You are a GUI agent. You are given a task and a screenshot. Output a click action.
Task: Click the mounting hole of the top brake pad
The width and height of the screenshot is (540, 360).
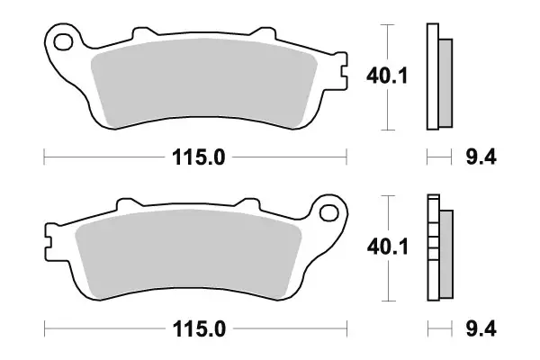coord(63,42)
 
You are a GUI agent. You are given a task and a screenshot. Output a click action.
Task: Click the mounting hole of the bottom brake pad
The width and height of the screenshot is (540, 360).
coord(328,213)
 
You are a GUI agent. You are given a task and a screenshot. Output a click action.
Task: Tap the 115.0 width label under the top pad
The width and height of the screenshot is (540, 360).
coord(198,157)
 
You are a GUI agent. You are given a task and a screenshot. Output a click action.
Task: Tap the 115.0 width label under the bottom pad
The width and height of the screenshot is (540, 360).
coord(199,329)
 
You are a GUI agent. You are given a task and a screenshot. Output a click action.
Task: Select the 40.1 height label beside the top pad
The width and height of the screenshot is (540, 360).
coord(387,76)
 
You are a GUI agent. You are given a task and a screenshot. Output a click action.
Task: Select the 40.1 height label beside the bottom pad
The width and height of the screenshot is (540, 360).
coord(387,247)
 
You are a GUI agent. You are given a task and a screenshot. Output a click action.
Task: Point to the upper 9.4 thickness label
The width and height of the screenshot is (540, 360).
coord(481,157)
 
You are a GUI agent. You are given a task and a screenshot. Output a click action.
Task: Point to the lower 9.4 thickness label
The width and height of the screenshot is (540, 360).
coord(481,328)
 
